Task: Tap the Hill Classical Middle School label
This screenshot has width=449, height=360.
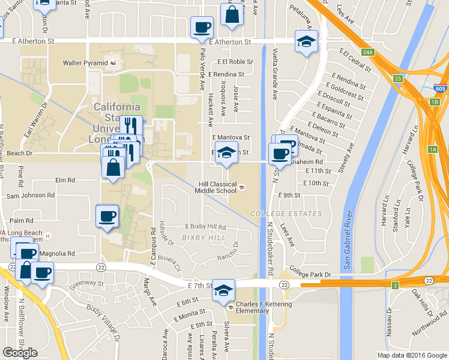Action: tap(215, 188)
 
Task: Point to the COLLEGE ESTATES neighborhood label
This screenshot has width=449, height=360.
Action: tap(286, 214)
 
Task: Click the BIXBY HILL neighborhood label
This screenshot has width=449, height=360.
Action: tap(203, 238)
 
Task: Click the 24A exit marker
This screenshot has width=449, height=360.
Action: tap(369, 53)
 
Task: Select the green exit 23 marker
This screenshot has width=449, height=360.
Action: tap(398, 79)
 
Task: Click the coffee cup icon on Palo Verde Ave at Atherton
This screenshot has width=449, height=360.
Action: tap(202, 27)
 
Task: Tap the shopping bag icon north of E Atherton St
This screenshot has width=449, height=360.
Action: tap(232, 15)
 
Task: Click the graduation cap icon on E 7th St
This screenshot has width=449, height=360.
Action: tap(223, 291)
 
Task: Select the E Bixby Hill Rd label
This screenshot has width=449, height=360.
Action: tap(205, 227)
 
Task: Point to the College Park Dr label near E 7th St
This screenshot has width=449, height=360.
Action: tap(310, 274)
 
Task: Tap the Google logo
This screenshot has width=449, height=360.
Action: tap(20, 353)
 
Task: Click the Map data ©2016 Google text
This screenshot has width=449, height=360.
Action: tap(411, 355)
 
